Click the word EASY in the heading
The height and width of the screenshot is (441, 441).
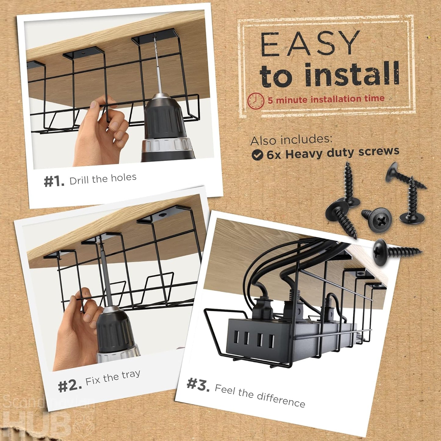[x=310, y=44]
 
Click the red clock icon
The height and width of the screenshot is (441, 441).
[x=255, y=101]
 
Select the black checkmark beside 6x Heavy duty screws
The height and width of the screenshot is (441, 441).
[x=257, y=155]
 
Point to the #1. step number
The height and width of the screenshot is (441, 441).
[x=54, y=181]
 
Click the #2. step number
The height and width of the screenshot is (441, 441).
[x=70, y=386]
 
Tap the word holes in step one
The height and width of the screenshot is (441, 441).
[x=124, y=178]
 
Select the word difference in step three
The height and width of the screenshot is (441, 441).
[x=281, y=399]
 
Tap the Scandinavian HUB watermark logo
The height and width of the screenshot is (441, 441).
[x=46, y=418]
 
